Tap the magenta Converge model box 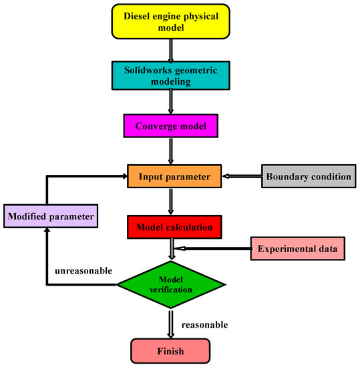click(172, 125)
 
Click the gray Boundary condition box click(308, 177)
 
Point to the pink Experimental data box click(298, 248)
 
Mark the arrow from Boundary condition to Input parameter click(241, 177)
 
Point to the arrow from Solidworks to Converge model click(172, 102)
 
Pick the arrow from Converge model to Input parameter click(172, 150)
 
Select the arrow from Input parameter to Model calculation click(172, 202)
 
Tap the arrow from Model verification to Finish click(172, 323)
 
